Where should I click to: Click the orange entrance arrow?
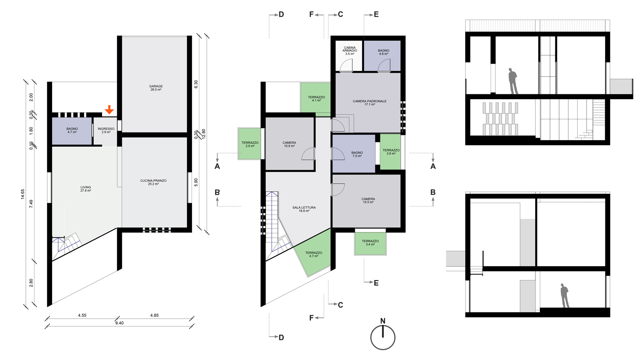pyautogui.click(x=109, y=110)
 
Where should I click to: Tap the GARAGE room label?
pyautogui.click(x=156, y=86)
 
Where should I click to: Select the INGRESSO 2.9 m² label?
pyautogui.click(x=106, y=130)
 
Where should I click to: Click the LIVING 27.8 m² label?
pyautogui.click(x=86, y=189)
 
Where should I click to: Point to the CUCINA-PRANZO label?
pyautogui.click(x=153, y=181)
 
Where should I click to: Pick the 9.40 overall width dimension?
pyautogui.click(x=119, y=323)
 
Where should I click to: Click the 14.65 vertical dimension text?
pyautogui.click(x=23, y=194)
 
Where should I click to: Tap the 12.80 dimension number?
pyautogui.click(x=204, y=134)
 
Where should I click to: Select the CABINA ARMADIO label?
pyautogui.click(x=349, y=49)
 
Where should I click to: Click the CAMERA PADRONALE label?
pyautogui.click(x=370, y=101)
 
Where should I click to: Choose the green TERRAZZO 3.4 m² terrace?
pyautogui.click(x=370, y=243)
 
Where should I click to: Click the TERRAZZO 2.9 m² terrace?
pyautogui.click(x=250, y=144)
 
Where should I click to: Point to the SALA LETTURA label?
pyautogui.click(x=304, y=207)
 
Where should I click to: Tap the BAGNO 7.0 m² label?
pyautogui.click(x=357, y=154)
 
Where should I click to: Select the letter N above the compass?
pyautogui.click(x=383, y=321)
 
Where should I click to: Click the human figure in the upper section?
pyautogui.click(x=513, y=81)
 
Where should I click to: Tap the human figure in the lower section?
pyautogui.click(x=565, y=295)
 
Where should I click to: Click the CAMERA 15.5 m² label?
pyautogui.click(x=368, y=201)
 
